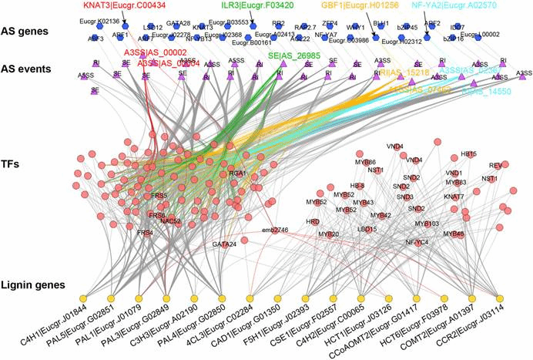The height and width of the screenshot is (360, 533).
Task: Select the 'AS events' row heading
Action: [x=32, y=67]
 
